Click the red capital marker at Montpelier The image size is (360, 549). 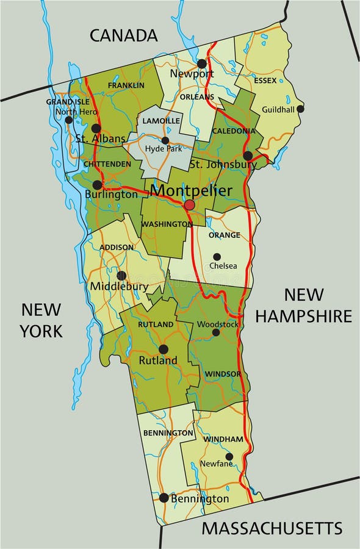click(190, 205)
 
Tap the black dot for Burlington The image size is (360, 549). click(97, 185)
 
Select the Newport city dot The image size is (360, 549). click(202, 63)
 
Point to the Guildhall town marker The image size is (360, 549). click(300, 109)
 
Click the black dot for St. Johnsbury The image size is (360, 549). click(248, 156)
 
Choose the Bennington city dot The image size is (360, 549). click(164, 498)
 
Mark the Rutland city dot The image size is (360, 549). click(163, 349)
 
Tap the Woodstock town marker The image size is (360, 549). click(215, 332)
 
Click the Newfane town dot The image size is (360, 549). click(229, 456)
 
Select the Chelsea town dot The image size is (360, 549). click(217, 257)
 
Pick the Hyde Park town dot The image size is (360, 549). click(165, 140)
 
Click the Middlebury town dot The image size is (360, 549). click(121, 276)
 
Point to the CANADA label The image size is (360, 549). click(124, 35)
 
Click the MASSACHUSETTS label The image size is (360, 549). click(272, 528)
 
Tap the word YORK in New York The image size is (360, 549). click(41, 331)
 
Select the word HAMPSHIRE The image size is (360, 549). click(303, 316)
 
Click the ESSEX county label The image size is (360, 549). click(265, 81)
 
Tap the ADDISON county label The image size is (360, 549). click(116, 247)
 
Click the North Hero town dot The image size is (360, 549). click(69, 120)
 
